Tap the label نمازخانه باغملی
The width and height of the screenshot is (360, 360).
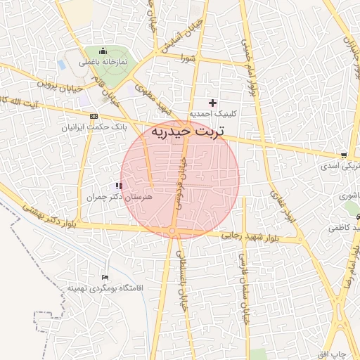click(103, 62)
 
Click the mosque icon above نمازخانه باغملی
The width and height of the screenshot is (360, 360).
click(103, 50)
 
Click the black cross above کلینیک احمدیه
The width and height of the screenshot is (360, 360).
click(213, 103)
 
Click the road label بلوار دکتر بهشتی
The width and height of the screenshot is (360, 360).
click(49, 217)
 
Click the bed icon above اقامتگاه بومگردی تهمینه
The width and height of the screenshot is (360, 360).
click(105, 277)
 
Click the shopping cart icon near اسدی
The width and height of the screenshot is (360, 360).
click(344, 155)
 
